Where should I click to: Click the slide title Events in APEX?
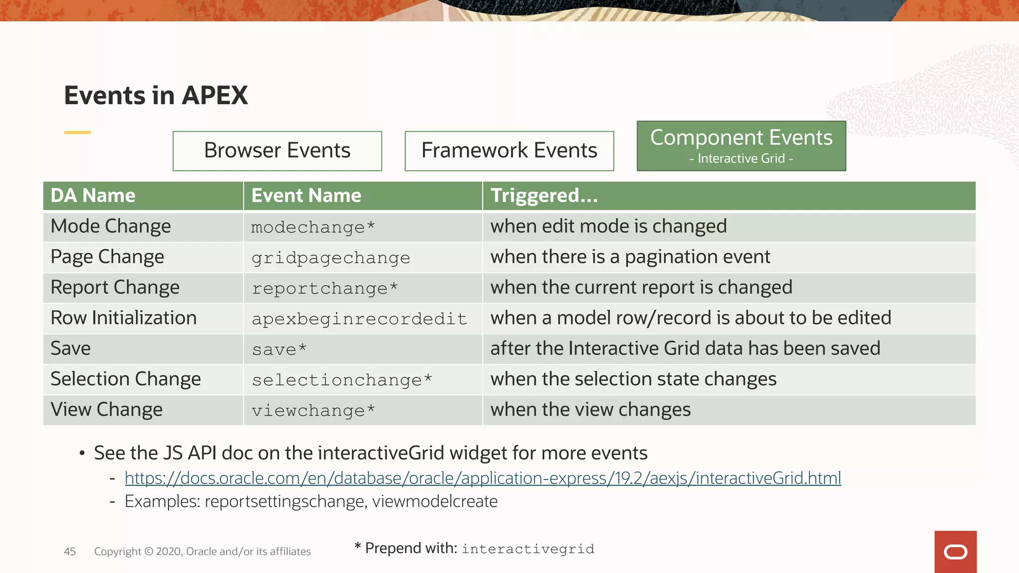coord(156,95)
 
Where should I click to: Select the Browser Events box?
coord(277,151)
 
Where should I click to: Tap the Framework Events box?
coord(509,151)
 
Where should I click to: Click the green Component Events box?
coord(741,146)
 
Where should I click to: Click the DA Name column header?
coord(93,195)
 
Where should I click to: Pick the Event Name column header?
coord(306,195)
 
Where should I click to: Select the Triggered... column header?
coord(544,195)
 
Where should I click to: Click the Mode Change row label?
coord(110,227)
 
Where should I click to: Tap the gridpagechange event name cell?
coord(330,258)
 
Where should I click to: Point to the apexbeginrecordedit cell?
coord(359,319)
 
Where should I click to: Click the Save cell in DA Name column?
coord(71,349)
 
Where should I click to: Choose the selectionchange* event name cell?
coord(341,380)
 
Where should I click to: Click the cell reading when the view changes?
coord(590,410)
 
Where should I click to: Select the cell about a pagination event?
coord(630,257)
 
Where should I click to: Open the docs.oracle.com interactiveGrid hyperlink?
coord(482,478)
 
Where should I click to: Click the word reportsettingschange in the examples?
coord(286,501)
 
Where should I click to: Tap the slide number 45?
coord(70,551)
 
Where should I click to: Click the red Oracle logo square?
coord(955,552)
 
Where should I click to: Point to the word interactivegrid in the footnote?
coord(527,549)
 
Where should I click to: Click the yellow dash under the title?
coord(77,132)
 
